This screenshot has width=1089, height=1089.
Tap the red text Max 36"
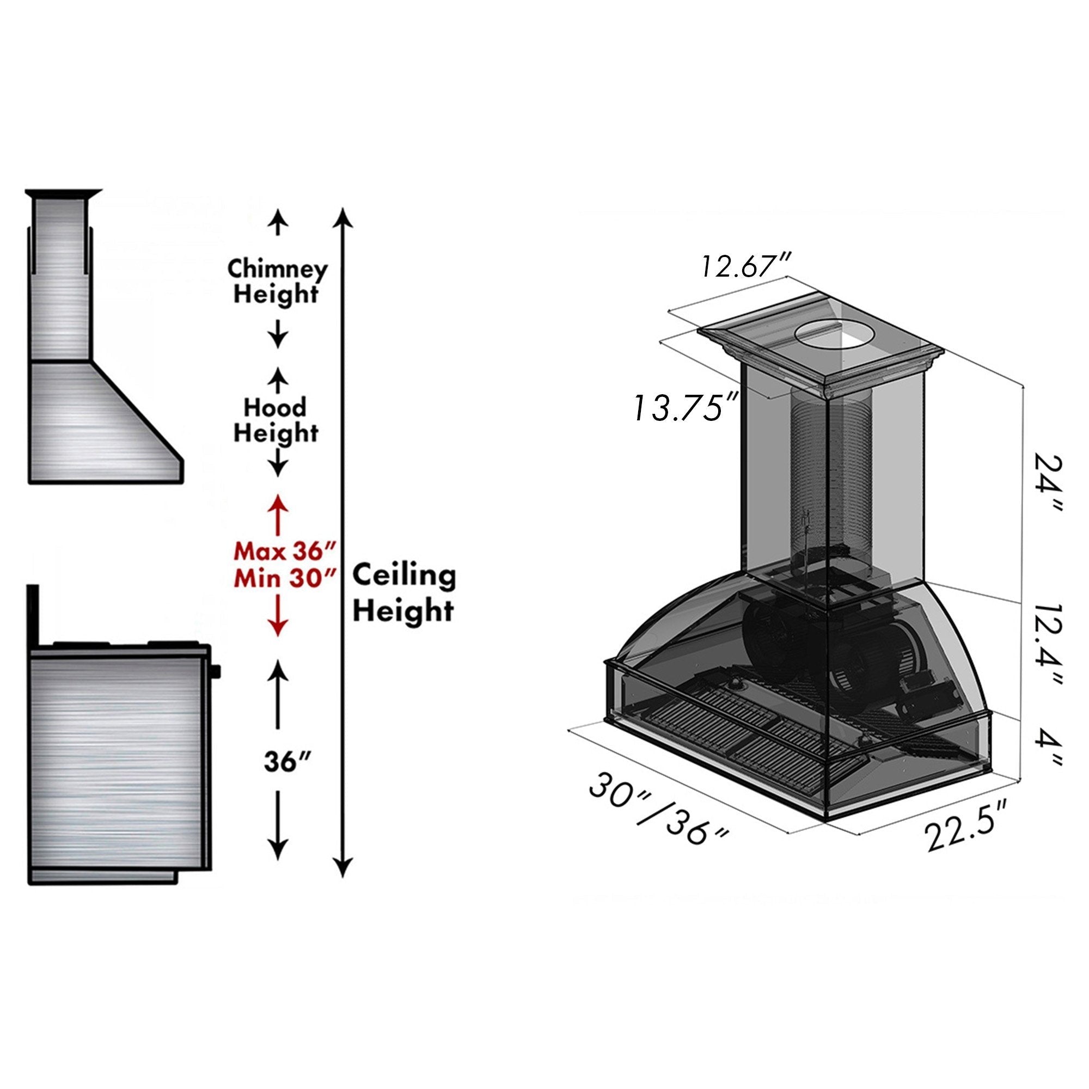(285, 550)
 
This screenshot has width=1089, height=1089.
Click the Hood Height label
(276, 420)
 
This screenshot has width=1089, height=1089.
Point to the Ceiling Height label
(403, 593)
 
